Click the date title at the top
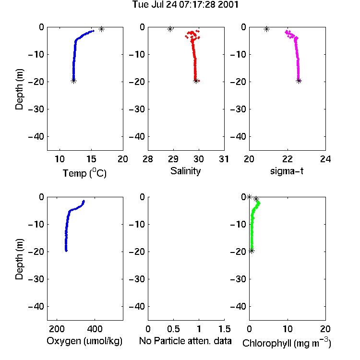tap(185, 5)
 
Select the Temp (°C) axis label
tap(84, 173)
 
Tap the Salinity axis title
tap(185, 171)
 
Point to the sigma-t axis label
tap(287, 171)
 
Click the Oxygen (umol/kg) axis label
tap(84, 341)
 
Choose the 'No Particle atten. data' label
tap(185, 341)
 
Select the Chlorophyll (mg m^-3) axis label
tap(287, 343)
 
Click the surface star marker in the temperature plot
tap(101, 29)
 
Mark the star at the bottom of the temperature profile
tap(73, 81)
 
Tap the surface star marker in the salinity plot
tap(170, 29)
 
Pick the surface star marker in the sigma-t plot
tap(266, 29)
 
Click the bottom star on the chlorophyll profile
tap(252, 251)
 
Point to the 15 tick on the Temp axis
tap(91, 159)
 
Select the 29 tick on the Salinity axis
tap(173, 159)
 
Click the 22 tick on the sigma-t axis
tap(288, 159)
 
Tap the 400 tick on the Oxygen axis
tap(95, 329)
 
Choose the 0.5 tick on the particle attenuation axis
tap(173, 329)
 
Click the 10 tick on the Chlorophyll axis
tap(288, 329)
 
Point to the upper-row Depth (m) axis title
tap(19, 89)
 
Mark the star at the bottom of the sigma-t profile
tap(299, 81)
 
